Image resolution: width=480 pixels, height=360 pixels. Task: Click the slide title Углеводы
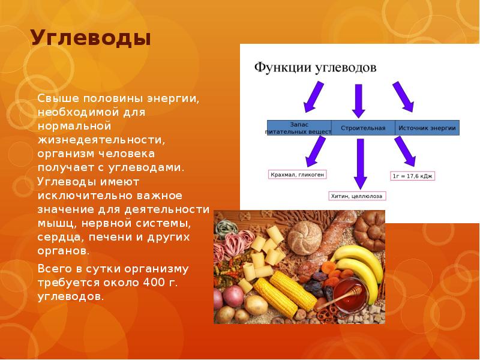(91, 39)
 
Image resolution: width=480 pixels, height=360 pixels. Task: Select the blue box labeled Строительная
(362, 128)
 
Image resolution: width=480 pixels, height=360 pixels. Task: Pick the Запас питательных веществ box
(299, 128)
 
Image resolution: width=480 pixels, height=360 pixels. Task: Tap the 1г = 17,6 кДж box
(412, 176)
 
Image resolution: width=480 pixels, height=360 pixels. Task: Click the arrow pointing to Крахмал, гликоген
(316, 151)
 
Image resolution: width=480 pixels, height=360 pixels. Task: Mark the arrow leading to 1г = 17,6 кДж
(405, 151)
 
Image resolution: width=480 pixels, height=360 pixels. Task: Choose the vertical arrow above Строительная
(359, 100)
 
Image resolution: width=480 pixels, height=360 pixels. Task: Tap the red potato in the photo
(232, 296)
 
